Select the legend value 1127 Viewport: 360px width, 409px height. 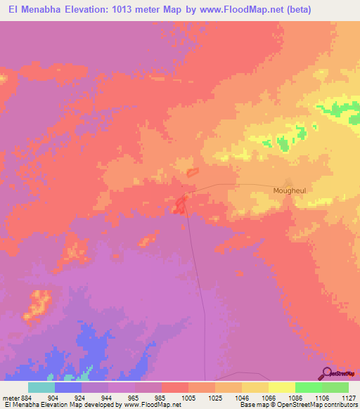point(349,397)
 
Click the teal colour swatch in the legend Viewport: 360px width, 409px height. point(41,387)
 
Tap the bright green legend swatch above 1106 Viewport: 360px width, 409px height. point(308,387)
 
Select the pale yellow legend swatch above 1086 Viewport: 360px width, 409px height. point(281,387)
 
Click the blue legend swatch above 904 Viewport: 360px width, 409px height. point(68,387)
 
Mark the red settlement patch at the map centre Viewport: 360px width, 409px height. point(180,204)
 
